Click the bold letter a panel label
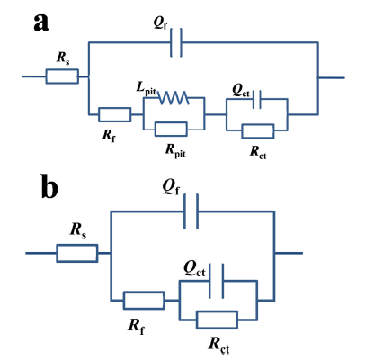click(x=41, y=22)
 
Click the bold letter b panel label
click(x=49, y=186)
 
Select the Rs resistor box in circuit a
click(x=62, y=76)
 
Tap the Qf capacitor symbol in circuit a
click(x=176, y=42)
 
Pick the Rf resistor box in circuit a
click(x=115, y=114)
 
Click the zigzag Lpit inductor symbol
click(x=174, y=98)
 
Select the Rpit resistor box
click(x=171, y=130)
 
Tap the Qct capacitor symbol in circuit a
click(x=257, y=99)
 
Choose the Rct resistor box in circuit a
click(x=258, y=131)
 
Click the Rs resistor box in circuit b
click(x=77, y=253)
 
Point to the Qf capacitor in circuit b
click(x=191, y=211)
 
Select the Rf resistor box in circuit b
click(x=144, y=301)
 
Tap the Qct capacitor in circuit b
click(x=217, y=281)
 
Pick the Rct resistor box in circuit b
click(x=218, y=319)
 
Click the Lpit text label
click(x=147, y=89)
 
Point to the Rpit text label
click(x=175, y=151)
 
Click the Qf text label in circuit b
click(x=171, y=187)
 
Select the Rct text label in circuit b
click(x=218, y=346)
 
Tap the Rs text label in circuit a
click(x=63, y=58)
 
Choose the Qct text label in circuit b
click(x=194, y=270)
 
